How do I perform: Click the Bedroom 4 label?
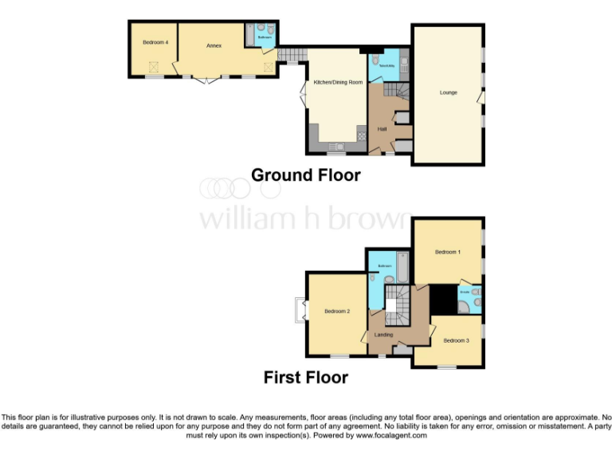point(155,41)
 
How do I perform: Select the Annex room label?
point(214,46)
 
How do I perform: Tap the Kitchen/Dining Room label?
point(338,82)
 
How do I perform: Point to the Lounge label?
point(449,92)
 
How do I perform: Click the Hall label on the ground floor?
point(382,129)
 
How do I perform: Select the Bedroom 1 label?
point(447,252)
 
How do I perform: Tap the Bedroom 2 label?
point(336,312)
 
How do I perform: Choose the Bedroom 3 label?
point(455,340)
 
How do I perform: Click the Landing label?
point(383,335)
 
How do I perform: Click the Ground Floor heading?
point(306,175)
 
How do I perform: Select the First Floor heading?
point(306,377)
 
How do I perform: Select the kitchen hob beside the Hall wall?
point(361,135)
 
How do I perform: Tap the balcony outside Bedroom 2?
point(300,310)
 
